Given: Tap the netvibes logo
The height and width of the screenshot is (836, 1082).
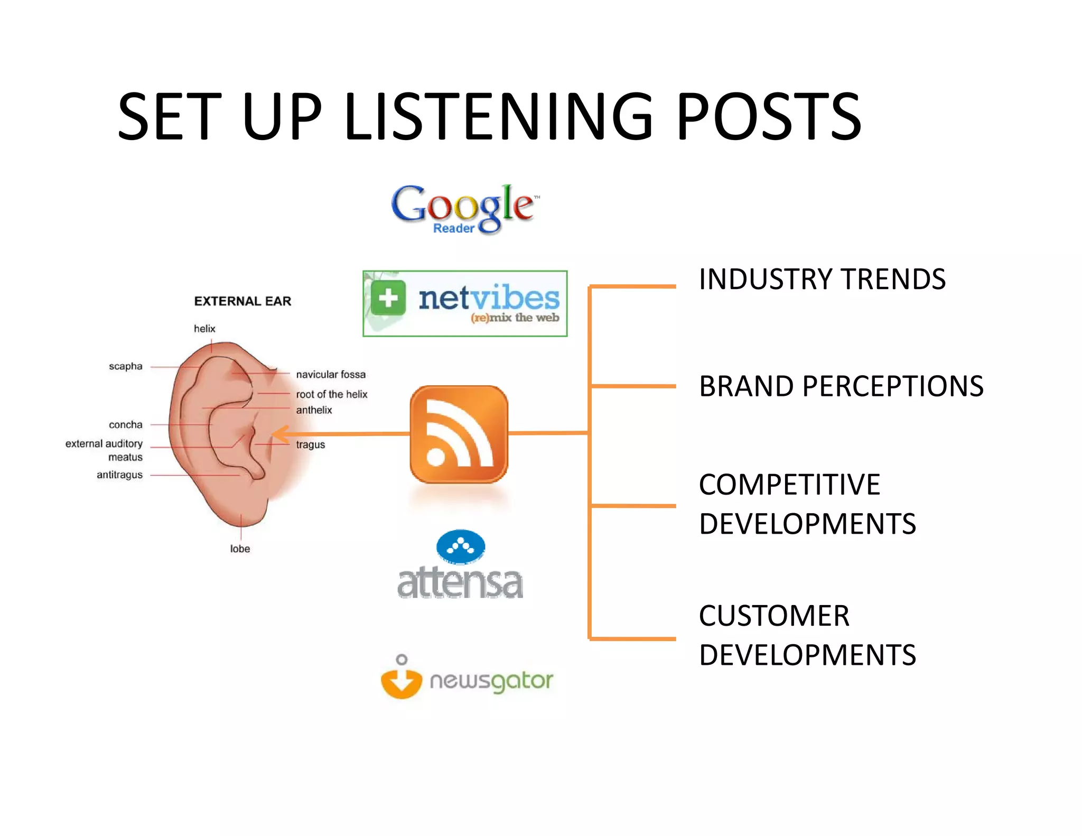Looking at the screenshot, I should click(x=465, y=303).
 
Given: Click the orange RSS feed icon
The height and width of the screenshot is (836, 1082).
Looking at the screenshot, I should click(x=459, y=434).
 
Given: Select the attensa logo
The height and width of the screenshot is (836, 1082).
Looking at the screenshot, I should click(x=460, y=565).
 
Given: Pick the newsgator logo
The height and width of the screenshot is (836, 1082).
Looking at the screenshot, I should click(x=467, y=678).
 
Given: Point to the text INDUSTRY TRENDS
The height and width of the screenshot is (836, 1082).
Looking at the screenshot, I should click(x=822, y=279).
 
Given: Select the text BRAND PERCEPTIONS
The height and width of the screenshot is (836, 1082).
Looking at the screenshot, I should click(x=841, y=386).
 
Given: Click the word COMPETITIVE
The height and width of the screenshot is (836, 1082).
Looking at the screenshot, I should click(x=789, y=484).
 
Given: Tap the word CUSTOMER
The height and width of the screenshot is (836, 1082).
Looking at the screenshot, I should click(x=774, y=616).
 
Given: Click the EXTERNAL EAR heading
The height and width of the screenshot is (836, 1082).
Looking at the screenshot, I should click(x=242, y=301).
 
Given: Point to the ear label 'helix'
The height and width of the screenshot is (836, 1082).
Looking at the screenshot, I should click(x=204, y=329).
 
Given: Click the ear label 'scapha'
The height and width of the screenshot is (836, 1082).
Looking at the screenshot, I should click(x=126, y=366).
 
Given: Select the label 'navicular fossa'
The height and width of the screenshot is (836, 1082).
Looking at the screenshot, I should click(x=331, y=375).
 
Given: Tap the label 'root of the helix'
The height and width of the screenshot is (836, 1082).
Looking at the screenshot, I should click(x=332, y=394).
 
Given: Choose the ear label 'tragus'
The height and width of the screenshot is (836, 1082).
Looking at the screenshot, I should click(x=311, y=445).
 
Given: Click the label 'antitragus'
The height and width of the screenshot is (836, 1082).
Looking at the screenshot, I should click(x=119, y=475).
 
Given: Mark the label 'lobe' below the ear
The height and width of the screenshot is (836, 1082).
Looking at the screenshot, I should click(x=240, y=549).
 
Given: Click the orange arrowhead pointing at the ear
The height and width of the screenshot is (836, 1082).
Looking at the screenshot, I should click(x=279, y=434).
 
